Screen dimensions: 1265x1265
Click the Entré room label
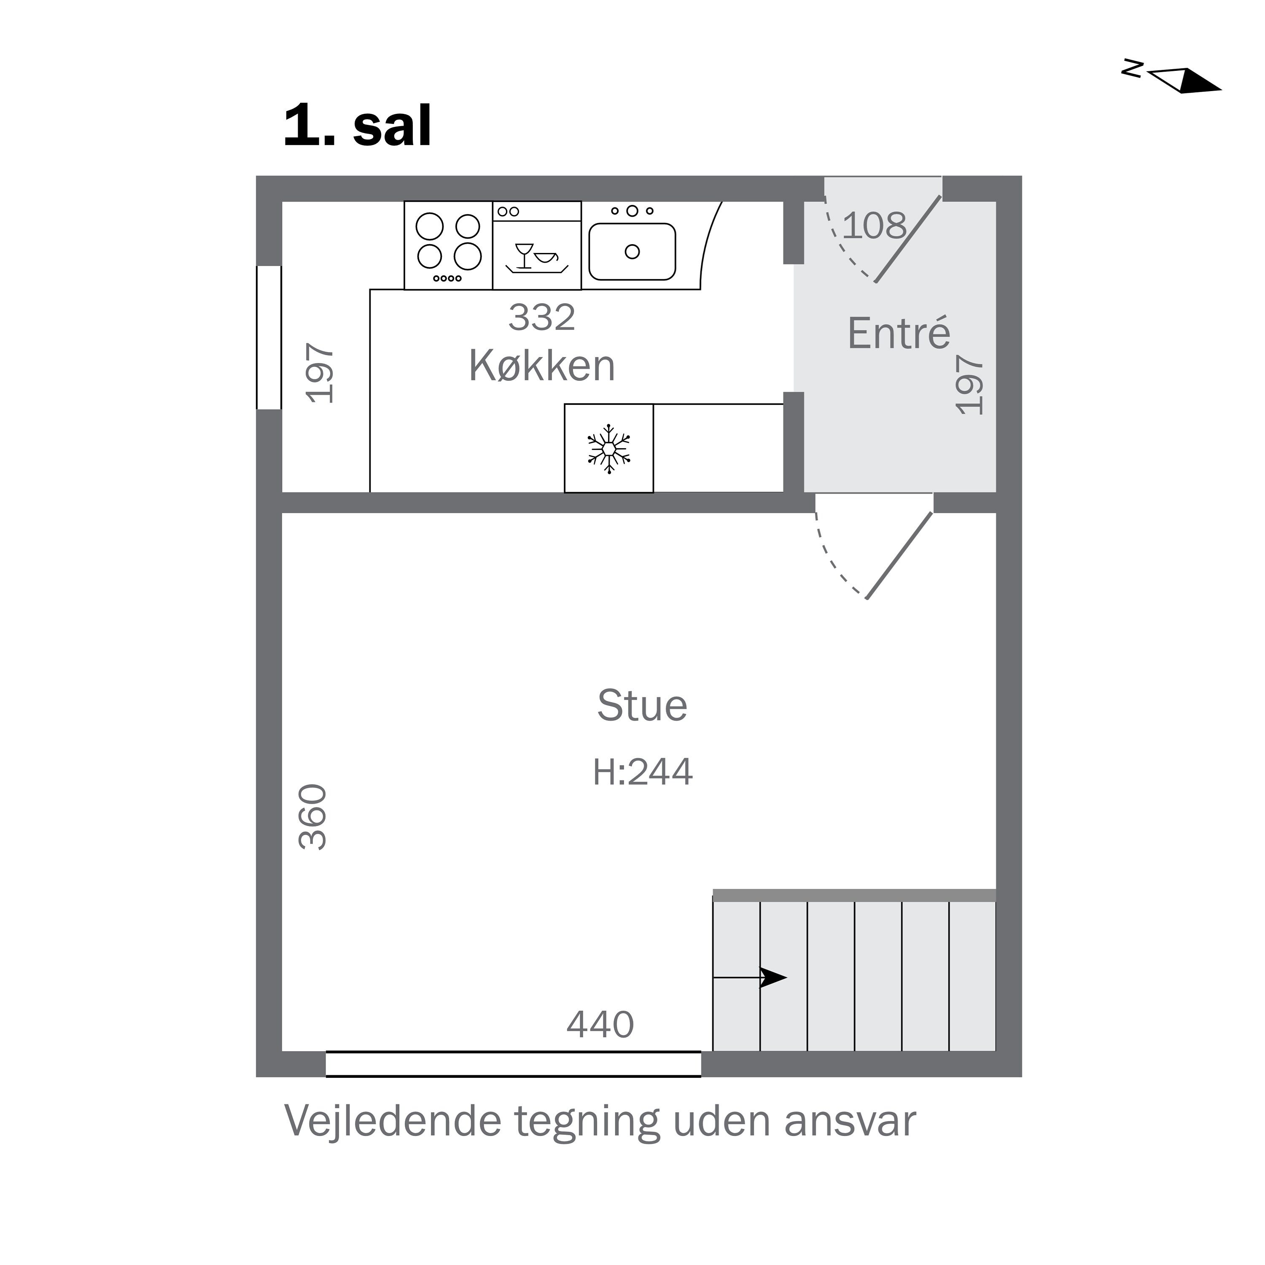898,333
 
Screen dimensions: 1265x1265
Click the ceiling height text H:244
642,772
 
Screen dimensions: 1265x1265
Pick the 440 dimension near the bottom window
600,1025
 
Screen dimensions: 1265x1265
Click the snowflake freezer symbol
609,449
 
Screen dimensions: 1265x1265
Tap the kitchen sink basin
632,251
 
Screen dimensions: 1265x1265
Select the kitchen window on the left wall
269,337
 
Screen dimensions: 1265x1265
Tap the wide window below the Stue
513,1063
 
